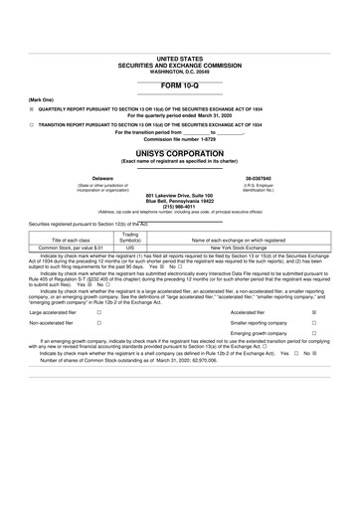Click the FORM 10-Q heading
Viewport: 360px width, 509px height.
tap(179, 86)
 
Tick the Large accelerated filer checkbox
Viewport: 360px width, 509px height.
tap(98, 339)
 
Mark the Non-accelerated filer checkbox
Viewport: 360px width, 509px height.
tap(98, 352)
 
